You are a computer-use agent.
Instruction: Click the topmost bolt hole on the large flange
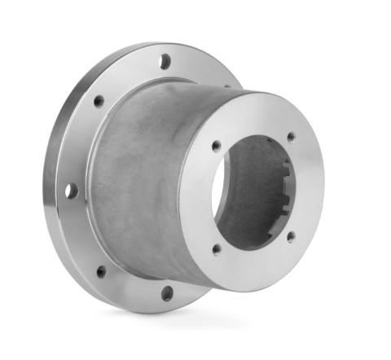tap(165, 60)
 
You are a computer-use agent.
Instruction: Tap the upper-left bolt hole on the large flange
tap(99, 102)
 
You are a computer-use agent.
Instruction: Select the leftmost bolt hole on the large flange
tap(72, 191)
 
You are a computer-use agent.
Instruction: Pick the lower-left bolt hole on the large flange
tap(101, 271)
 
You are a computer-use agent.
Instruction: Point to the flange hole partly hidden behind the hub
tap(227, 84)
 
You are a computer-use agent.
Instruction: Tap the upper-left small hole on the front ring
tap(216, 147)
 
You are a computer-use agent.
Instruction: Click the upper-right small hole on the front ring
tap(291, 137)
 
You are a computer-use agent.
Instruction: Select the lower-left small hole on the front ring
tap(216, 249)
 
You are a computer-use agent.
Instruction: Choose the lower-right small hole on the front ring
tap(291, 237)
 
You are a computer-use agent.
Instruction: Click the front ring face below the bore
tap(253, 265)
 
